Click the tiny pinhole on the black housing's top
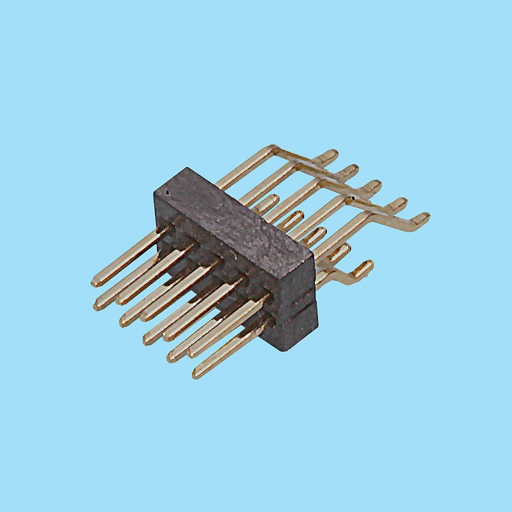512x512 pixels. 168,191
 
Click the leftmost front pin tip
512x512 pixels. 95,282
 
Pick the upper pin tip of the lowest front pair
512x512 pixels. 172,357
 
